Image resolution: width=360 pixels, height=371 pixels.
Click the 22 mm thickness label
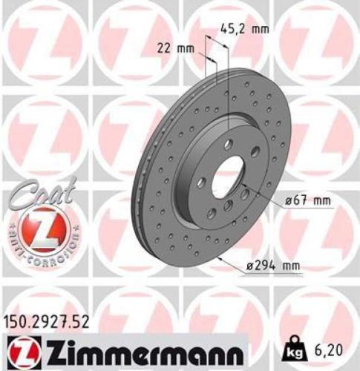coord(171,48)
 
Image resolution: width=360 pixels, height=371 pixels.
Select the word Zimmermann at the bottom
coord(146,349)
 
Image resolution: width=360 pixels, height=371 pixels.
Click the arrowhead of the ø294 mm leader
coord(222,257)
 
